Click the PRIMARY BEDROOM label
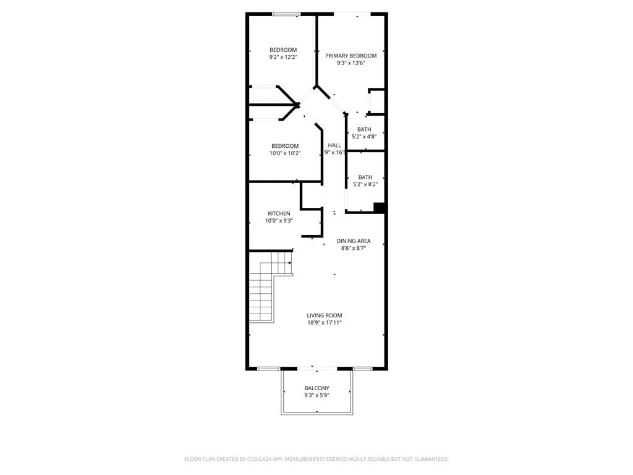pos(350,56)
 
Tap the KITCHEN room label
pos(279,213)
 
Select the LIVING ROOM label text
pos(324,315)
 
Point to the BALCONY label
pos(316,388)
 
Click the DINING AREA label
pos(354,241)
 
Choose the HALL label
pos(334,145)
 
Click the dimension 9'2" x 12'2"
pos(283,57)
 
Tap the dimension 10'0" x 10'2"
pos(285,153)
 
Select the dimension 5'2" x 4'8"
pos(364,136)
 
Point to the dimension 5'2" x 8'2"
pos(365,184)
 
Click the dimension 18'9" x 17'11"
pos(324,322)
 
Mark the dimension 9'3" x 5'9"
pos(316,395)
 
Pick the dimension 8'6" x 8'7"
pos(354,248)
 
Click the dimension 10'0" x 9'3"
pos(279,220)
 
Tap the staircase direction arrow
pos(289,263)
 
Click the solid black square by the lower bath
pos(380,208)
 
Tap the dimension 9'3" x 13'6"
pos(350,62)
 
